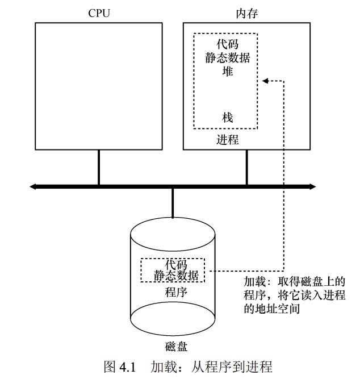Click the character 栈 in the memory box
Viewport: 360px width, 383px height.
tap(228, 118)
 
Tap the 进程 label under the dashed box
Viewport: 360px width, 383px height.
tap(228, 139)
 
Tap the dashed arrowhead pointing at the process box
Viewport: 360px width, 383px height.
tap(265, 81)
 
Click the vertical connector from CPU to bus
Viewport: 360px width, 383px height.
tap(99, 168)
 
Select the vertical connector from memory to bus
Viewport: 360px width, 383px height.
tap(246, 168)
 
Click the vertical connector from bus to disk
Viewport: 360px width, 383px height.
tap(173, 202)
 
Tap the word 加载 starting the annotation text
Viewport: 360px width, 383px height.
tap(254, 282)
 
